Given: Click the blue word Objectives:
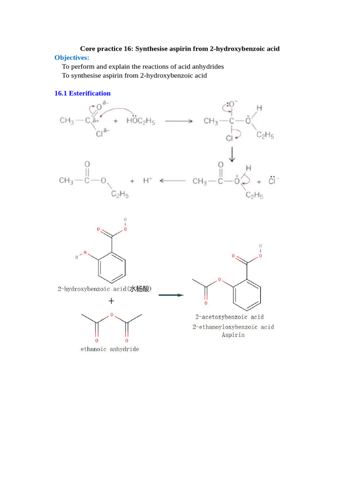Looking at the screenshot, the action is (x=72, y=58).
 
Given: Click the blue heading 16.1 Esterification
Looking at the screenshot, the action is (x=82, y=93).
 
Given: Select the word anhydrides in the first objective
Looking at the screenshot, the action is (x=208, y=67).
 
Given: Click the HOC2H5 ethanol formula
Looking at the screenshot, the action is (x=141, y=121).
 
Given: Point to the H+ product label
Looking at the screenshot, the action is (x=148, y=180).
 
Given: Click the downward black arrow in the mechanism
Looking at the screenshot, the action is (x=231, y=155).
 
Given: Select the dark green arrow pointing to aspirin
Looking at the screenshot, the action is (x=171, y=295).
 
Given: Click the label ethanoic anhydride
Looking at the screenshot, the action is (x=110, y=349).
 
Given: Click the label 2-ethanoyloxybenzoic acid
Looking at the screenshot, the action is (x=233, y=327).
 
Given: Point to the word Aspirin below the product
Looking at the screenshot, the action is (x=233, y=335).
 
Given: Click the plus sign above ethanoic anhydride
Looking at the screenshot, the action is (x=111, y=301).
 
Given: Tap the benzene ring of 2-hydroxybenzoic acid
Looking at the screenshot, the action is (x=112, y=268).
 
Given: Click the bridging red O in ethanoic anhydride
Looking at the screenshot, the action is (x=112, y=315).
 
